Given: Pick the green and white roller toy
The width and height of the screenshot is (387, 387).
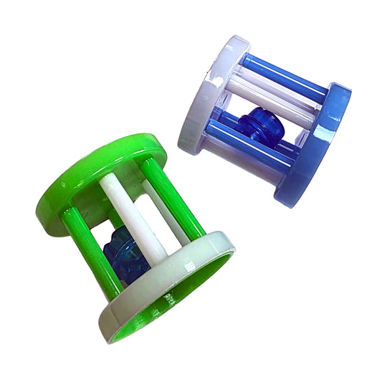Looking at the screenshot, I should tap(133, 229).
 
